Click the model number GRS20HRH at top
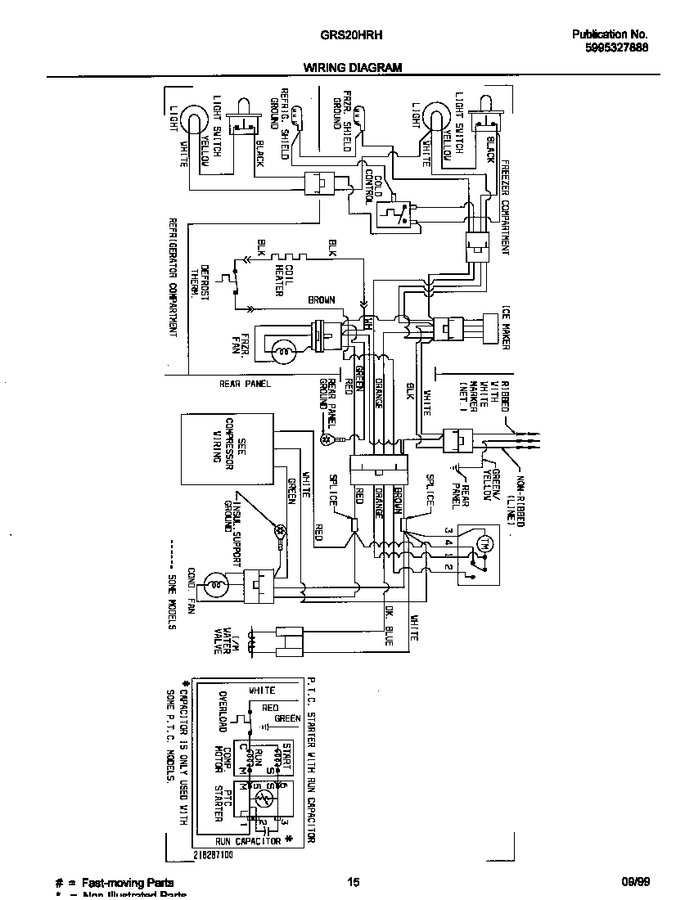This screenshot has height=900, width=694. (x=353, y=35)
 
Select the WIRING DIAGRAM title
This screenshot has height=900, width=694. (x=353, y=69)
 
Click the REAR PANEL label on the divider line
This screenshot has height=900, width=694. (x=245, y=383)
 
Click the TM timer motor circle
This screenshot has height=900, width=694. (x=482, y=545)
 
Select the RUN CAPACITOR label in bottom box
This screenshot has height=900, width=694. (x=248, y=840)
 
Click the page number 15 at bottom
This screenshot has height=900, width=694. (x=353, y=882)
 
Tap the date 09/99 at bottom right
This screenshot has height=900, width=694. (x=635, y=882)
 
